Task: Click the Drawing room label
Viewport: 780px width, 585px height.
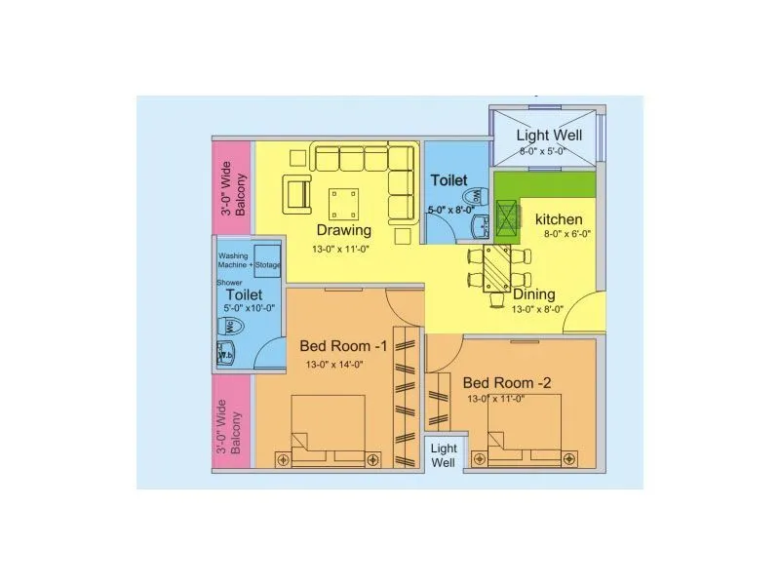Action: pos(342,231)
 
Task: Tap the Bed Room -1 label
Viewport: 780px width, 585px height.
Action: pos(343,346)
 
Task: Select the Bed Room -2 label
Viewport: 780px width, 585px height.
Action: pos(507,382)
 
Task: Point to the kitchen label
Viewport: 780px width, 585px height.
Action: pos(559,219)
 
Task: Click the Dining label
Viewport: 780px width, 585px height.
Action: pos(533,293)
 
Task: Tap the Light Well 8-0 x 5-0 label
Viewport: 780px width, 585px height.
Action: pos(549,136)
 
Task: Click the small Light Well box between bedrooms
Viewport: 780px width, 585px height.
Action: pos(444,455)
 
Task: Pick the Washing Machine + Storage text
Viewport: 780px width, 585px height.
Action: pos(249,260)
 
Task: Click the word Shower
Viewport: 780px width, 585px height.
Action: pos(228,283)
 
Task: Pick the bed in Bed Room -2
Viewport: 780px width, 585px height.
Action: pos(524,434)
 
